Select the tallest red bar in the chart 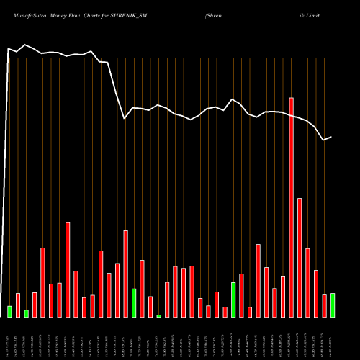[292, 207]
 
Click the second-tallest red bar [300, 257]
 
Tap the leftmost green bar [9, 311]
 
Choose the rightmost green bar [333, 305]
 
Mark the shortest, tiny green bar [159, 315]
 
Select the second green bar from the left [26, 313]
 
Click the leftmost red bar [18, 305]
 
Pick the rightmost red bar [324, 305]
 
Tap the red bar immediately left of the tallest [283, 297]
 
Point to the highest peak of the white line [26, 45]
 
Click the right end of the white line [331, 137]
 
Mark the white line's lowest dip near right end [324, 140]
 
